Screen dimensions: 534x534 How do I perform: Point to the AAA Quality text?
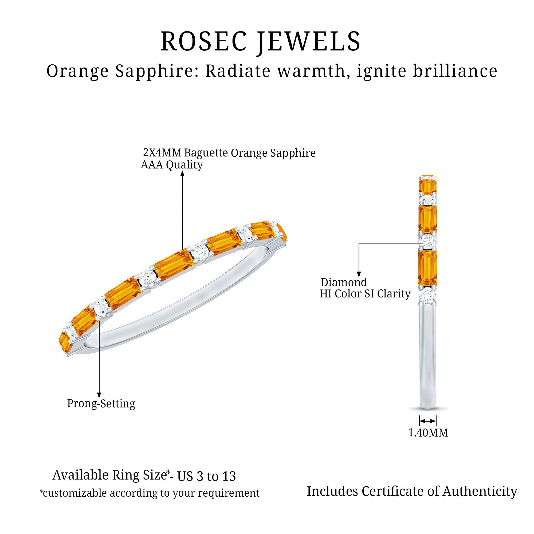tap(172, 165)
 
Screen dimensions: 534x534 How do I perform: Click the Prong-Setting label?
tap(101, 404)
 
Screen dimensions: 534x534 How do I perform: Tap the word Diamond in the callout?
tap(344, 282)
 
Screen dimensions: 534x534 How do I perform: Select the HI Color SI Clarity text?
tap(365, 294)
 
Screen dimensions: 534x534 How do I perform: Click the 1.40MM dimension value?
tap(428, 433)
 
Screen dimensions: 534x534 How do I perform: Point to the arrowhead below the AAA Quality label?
tap(182, 174)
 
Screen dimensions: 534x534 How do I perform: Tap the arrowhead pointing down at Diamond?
tap(359, 274)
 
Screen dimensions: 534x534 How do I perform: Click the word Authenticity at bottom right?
tap(480, 492)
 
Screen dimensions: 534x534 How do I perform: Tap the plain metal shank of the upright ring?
tap(427, 359)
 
